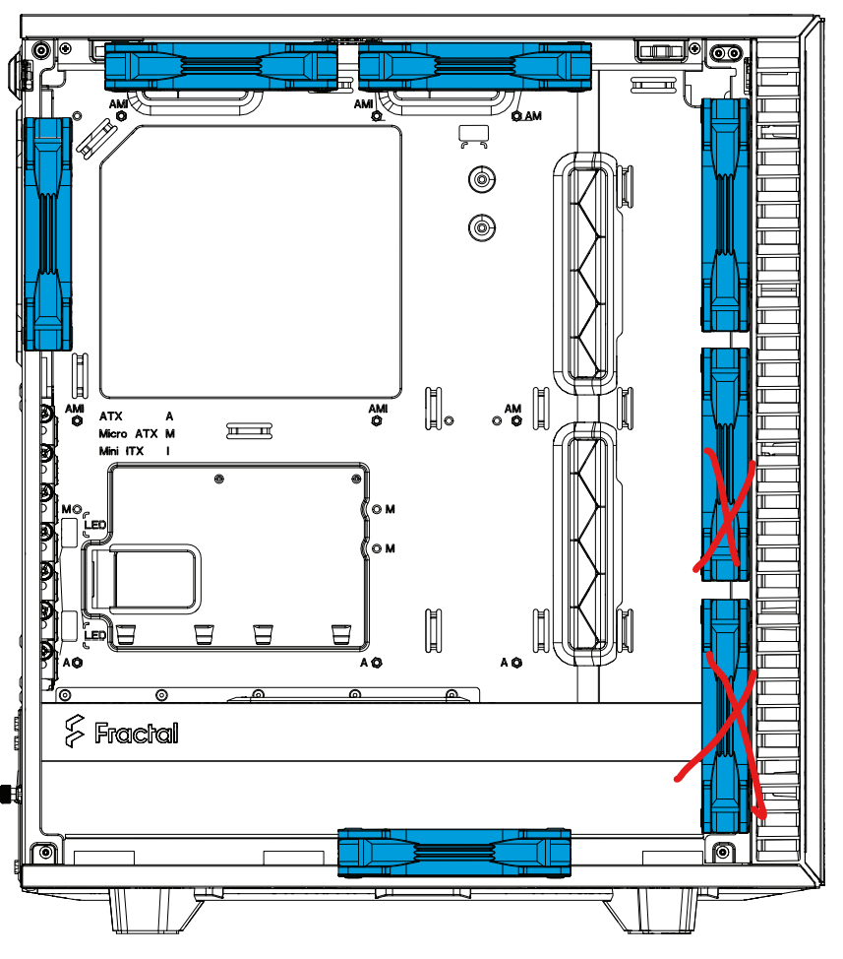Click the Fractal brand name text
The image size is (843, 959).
point(136,733)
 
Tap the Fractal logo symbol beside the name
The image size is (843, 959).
point(75,731)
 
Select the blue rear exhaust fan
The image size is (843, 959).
point(47,234)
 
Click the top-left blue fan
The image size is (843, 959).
point(221,67)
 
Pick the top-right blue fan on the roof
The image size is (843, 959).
point(475,67)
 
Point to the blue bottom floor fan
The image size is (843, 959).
point(454,853)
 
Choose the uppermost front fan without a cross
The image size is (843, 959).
point(725,216)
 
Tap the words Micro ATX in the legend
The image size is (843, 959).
point(128,433)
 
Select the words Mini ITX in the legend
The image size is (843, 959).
point(121,451)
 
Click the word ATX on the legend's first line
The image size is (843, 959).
point(110,416)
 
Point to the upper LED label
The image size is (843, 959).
point(95,525)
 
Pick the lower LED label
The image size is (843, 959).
point(95,635)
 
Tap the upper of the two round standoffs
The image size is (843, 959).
point(482,180)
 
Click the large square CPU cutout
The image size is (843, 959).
point(251,262)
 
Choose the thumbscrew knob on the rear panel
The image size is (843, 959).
point(7,794)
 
